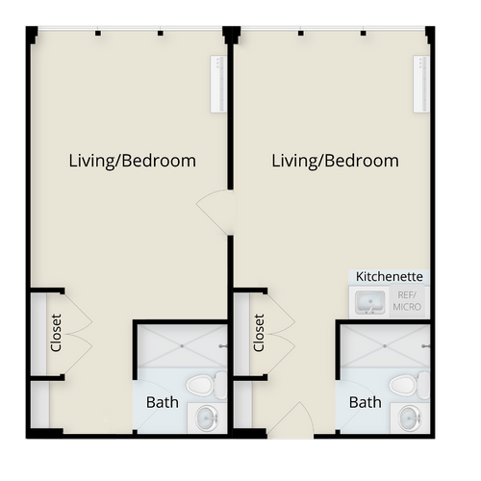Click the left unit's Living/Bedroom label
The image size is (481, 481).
pos(133,161)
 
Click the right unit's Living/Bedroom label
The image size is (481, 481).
pos(335,161)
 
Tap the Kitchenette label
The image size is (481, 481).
pos(390,276)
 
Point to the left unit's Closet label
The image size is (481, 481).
pos(56,331)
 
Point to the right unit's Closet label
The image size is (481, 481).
pos(259,331)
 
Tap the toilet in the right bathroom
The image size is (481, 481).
pos(407,386)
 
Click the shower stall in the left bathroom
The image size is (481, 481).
pos(181,344)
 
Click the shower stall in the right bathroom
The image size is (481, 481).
pos(384,344)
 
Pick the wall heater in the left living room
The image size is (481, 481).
pos(217,84)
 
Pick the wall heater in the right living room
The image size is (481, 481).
pos(420,84)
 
